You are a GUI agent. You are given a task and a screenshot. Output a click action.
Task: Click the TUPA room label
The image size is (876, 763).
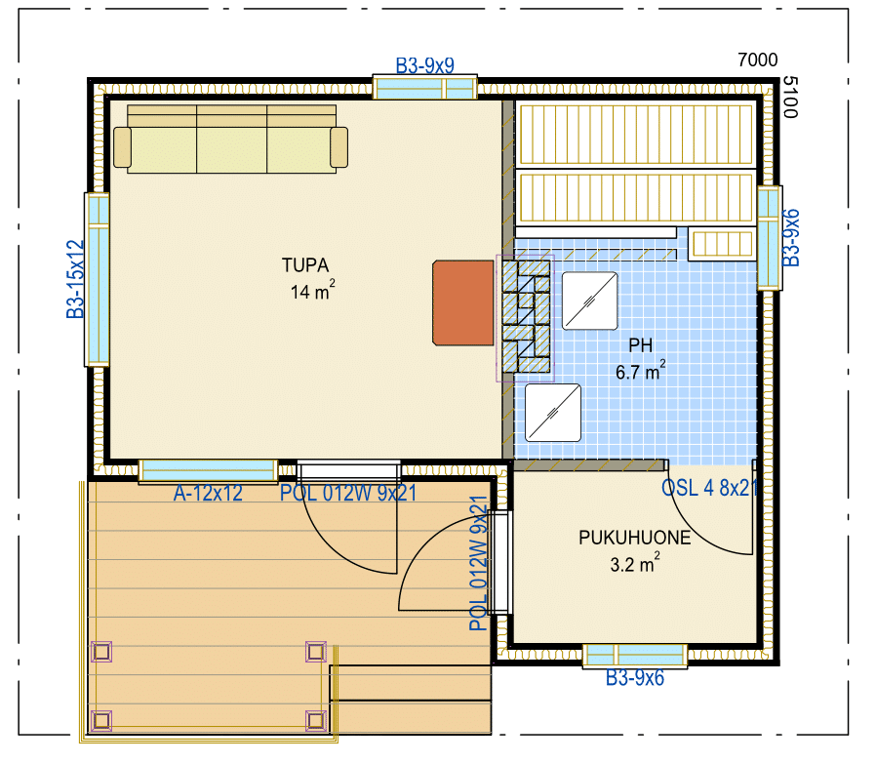click(x=305, y=265)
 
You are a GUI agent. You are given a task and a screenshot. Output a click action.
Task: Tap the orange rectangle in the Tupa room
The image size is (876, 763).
click(x=463, y=302)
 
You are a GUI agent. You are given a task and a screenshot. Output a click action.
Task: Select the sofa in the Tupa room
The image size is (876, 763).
click(x=231, y=140)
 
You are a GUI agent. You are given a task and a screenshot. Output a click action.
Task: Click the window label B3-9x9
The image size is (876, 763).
click(x=424, y=65)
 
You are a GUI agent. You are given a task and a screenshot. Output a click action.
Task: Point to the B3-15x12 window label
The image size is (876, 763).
click(x=75, y=279)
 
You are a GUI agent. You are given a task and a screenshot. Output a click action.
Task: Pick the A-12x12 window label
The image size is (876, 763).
click(x=208, y=493)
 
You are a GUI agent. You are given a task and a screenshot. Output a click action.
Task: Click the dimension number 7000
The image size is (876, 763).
click(x=758, y=60)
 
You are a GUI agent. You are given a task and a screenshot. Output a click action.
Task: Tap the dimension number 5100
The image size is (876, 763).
click(x=790, y=98)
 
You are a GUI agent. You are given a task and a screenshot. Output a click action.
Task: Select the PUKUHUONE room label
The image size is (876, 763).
click(x=635, y=538)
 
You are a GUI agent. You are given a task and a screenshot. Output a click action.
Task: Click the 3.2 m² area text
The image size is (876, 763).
click(x=635, y=563)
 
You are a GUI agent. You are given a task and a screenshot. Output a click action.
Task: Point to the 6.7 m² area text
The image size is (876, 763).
click(x=640, y=371)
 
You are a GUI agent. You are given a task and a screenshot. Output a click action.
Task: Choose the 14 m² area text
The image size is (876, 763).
click(x=312, y=291)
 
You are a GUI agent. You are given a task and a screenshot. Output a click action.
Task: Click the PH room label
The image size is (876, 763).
click(x=640, y=344)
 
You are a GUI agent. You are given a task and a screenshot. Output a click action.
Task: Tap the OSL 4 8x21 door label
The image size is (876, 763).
click(x=709, y=488)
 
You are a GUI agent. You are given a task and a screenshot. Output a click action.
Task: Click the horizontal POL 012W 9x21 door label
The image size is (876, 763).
click(x=348, y=493)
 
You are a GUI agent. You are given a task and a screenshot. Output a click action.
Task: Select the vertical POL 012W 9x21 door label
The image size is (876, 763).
click(x=479, y=563)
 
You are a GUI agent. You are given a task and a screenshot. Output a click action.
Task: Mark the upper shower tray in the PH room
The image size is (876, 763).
click(x=589, y=301)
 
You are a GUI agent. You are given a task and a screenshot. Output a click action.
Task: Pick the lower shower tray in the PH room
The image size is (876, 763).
click(x=552, y=413)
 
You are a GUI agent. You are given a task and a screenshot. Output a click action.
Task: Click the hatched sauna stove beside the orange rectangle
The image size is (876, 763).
click(x=526, y=317)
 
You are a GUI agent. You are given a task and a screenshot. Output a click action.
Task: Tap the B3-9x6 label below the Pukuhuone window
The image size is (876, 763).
click(x=635, y=678)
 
